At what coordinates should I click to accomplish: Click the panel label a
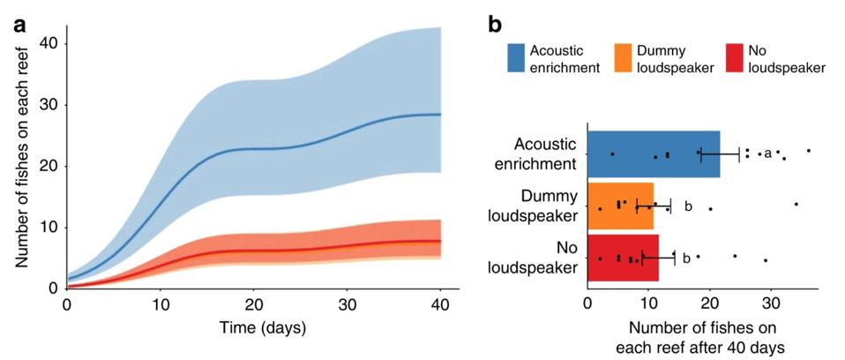19,25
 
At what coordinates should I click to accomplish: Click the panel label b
496,25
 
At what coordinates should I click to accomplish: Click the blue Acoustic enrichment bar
654,154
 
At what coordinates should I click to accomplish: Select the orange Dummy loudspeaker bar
621,206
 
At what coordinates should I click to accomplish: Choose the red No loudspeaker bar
623,258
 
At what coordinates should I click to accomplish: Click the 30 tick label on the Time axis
347,304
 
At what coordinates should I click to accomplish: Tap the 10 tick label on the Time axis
160,304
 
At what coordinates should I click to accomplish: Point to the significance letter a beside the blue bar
767,154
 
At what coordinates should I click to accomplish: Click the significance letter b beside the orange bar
688,207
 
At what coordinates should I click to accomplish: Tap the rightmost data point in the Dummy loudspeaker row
796,204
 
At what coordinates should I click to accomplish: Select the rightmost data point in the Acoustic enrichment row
809,151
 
